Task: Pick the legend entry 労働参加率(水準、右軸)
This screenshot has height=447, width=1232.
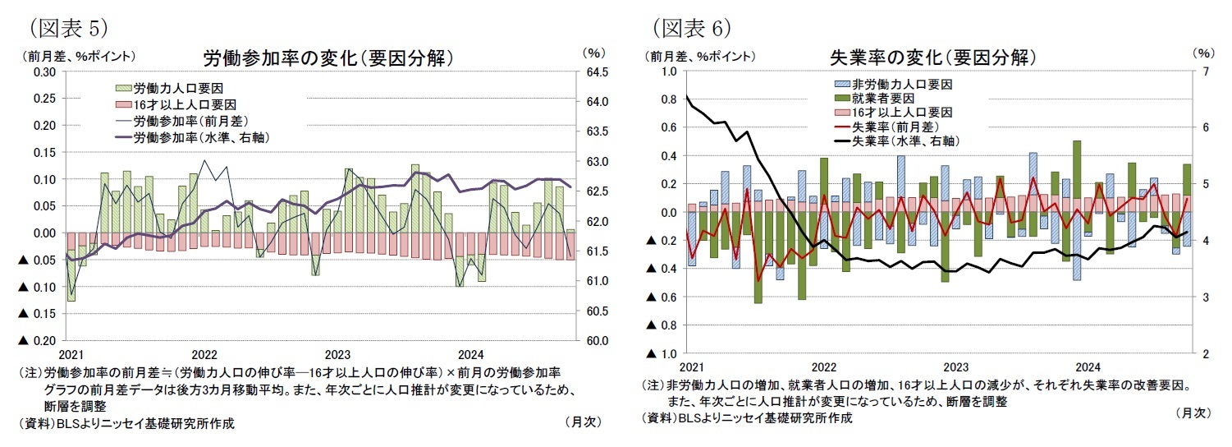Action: (202, 137)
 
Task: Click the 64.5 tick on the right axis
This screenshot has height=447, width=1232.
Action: (596, 72)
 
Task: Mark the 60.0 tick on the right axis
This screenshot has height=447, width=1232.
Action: (596, 340)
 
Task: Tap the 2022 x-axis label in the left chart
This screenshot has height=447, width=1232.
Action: (204, 355)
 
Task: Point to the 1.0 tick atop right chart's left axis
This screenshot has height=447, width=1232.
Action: (668, 71)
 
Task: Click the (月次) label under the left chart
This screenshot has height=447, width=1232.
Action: (584, 422)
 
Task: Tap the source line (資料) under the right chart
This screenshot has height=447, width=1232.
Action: (747, 417)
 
